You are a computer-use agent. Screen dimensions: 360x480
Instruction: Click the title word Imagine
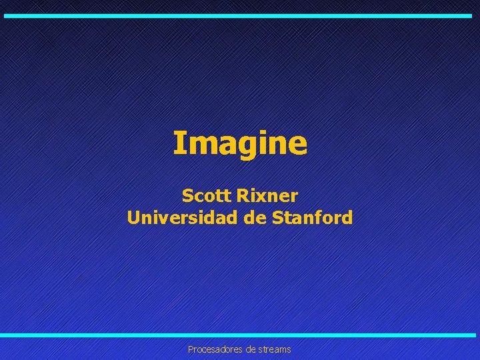240,143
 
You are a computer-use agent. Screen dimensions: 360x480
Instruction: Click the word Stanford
313,217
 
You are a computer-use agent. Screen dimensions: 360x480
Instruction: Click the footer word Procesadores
213,349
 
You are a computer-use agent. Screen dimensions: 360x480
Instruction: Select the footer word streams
273,349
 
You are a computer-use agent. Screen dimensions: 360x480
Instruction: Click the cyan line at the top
240,15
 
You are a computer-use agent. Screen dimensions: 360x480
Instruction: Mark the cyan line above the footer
240,335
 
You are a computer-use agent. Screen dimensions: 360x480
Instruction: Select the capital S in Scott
187,196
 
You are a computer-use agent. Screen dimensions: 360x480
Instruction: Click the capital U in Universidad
133,217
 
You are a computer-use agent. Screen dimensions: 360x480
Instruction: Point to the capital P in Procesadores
191,349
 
